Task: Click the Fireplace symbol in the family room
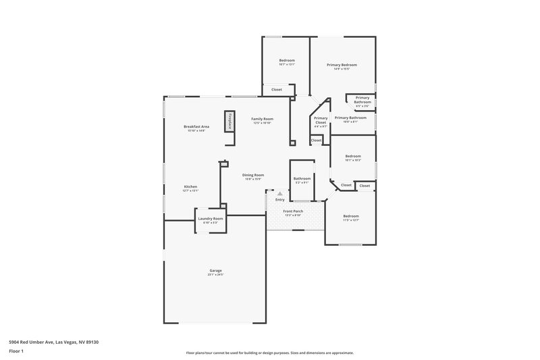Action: [x=230, y=121]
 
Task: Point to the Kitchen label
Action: [x=190, y=188]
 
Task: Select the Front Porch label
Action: [x=293, y=212]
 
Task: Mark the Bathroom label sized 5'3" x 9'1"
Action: [x=302, y=180]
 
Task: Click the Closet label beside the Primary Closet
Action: [x=317, y=140]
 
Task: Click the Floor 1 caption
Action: [x=16, y=352]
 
